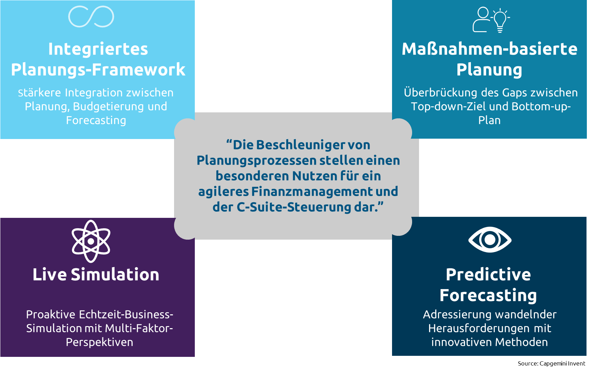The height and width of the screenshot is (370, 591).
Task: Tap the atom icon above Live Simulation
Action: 91,241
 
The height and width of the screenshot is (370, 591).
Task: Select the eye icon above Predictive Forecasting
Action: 490,239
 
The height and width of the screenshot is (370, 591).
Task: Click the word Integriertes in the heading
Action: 98,49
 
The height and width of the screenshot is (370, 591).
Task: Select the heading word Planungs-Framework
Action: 98,70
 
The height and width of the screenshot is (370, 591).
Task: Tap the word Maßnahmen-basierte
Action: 490,49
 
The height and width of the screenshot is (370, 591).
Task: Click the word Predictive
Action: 488,275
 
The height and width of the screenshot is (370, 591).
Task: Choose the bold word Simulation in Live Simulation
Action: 115,275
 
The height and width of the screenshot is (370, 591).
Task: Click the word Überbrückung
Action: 440,92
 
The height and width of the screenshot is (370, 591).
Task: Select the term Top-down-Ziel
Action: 448,107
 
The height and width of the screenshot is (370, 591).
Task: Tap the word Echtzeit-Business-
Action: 126,314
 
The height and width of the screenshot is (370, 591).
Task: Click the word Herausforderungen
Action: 470,329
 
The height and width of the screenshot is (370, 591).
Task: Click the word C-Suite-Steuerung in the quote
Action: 294,207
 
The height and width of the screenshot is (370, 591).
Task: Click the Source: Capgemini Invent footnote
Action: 552,363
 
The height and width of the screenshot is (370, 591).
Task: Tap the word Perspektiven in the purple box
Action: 99,342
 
